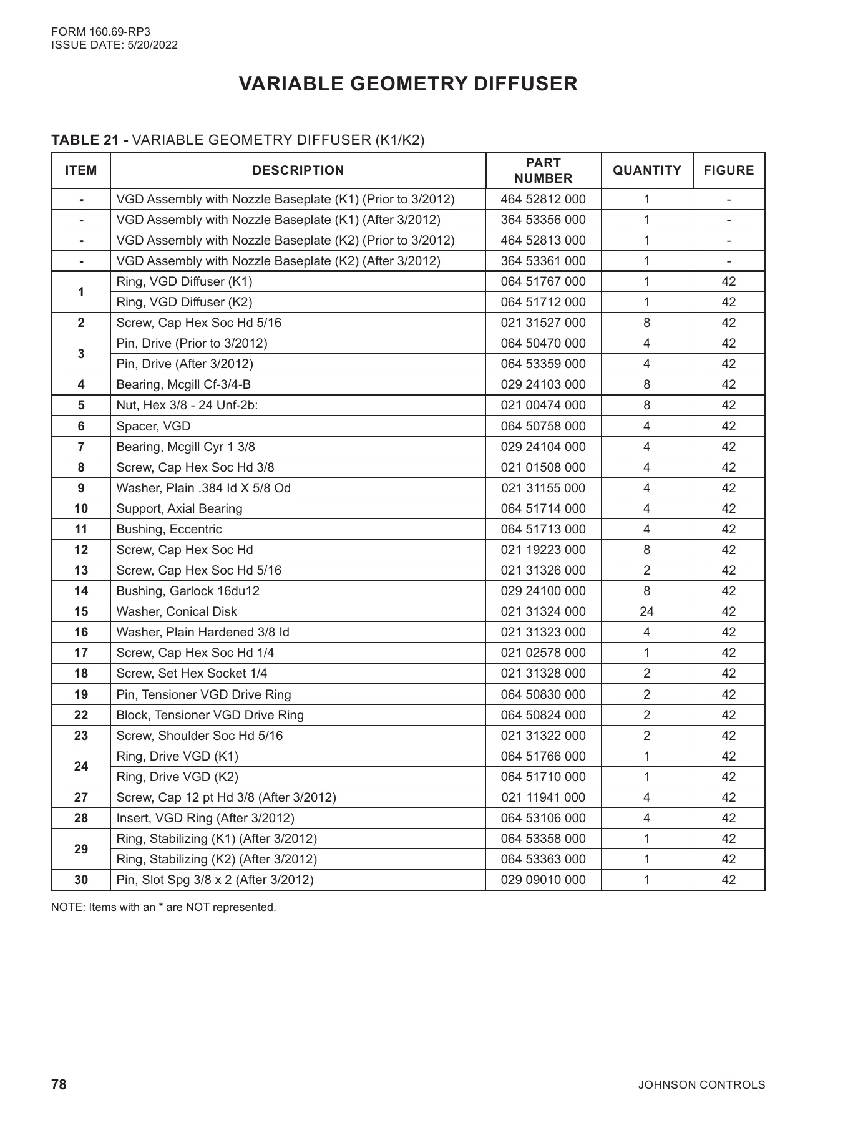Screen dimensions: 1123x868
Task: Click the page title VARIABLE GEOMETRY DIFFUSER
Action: pos(408,84)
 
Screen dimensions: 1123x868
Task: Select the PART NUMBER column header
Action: pos(543,170)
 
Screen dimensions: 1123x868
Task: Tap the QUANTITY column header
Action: pos(646,170)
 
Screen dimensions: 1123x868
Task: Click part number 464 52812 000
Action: pos(543,199)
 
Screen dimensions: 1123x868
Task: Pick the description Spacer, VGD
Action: pos(154,426)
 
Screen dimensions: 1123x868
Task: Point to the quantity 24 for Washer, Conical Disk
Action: pos(646,611)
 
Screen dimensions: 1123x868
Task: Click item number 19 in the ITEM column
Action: pos(81,694)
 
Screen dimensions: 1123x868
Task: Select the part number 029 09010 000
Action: pos(543,880)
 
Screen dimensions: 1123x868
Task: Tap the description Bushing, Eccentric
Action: pos(169,529)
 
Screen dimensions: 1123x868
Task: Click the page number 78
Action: pos(59,1084)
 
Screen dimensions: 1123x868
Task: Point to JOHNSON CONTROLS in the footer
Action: pos(701,1085)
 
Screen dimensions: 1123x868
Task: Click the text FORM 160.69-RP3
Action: pos(92,31)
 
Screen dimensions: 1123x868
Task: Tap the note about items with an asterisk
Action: pos(163,907)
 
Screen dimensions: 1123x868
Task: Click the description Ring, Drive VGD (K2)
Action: pos(177,777)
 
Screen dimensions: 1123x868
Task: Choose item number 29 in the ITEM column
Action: pos(81,849)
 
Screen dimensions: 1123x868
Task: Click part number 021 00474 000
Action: pos(543,405)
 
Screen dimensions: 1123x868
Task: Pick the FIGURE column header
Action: pos(728,170)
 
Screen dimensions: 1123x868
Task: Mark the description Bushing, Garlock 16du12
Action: pos(188,591)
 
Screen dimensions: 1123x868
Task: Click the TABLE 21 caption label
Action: pos(90,140)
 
